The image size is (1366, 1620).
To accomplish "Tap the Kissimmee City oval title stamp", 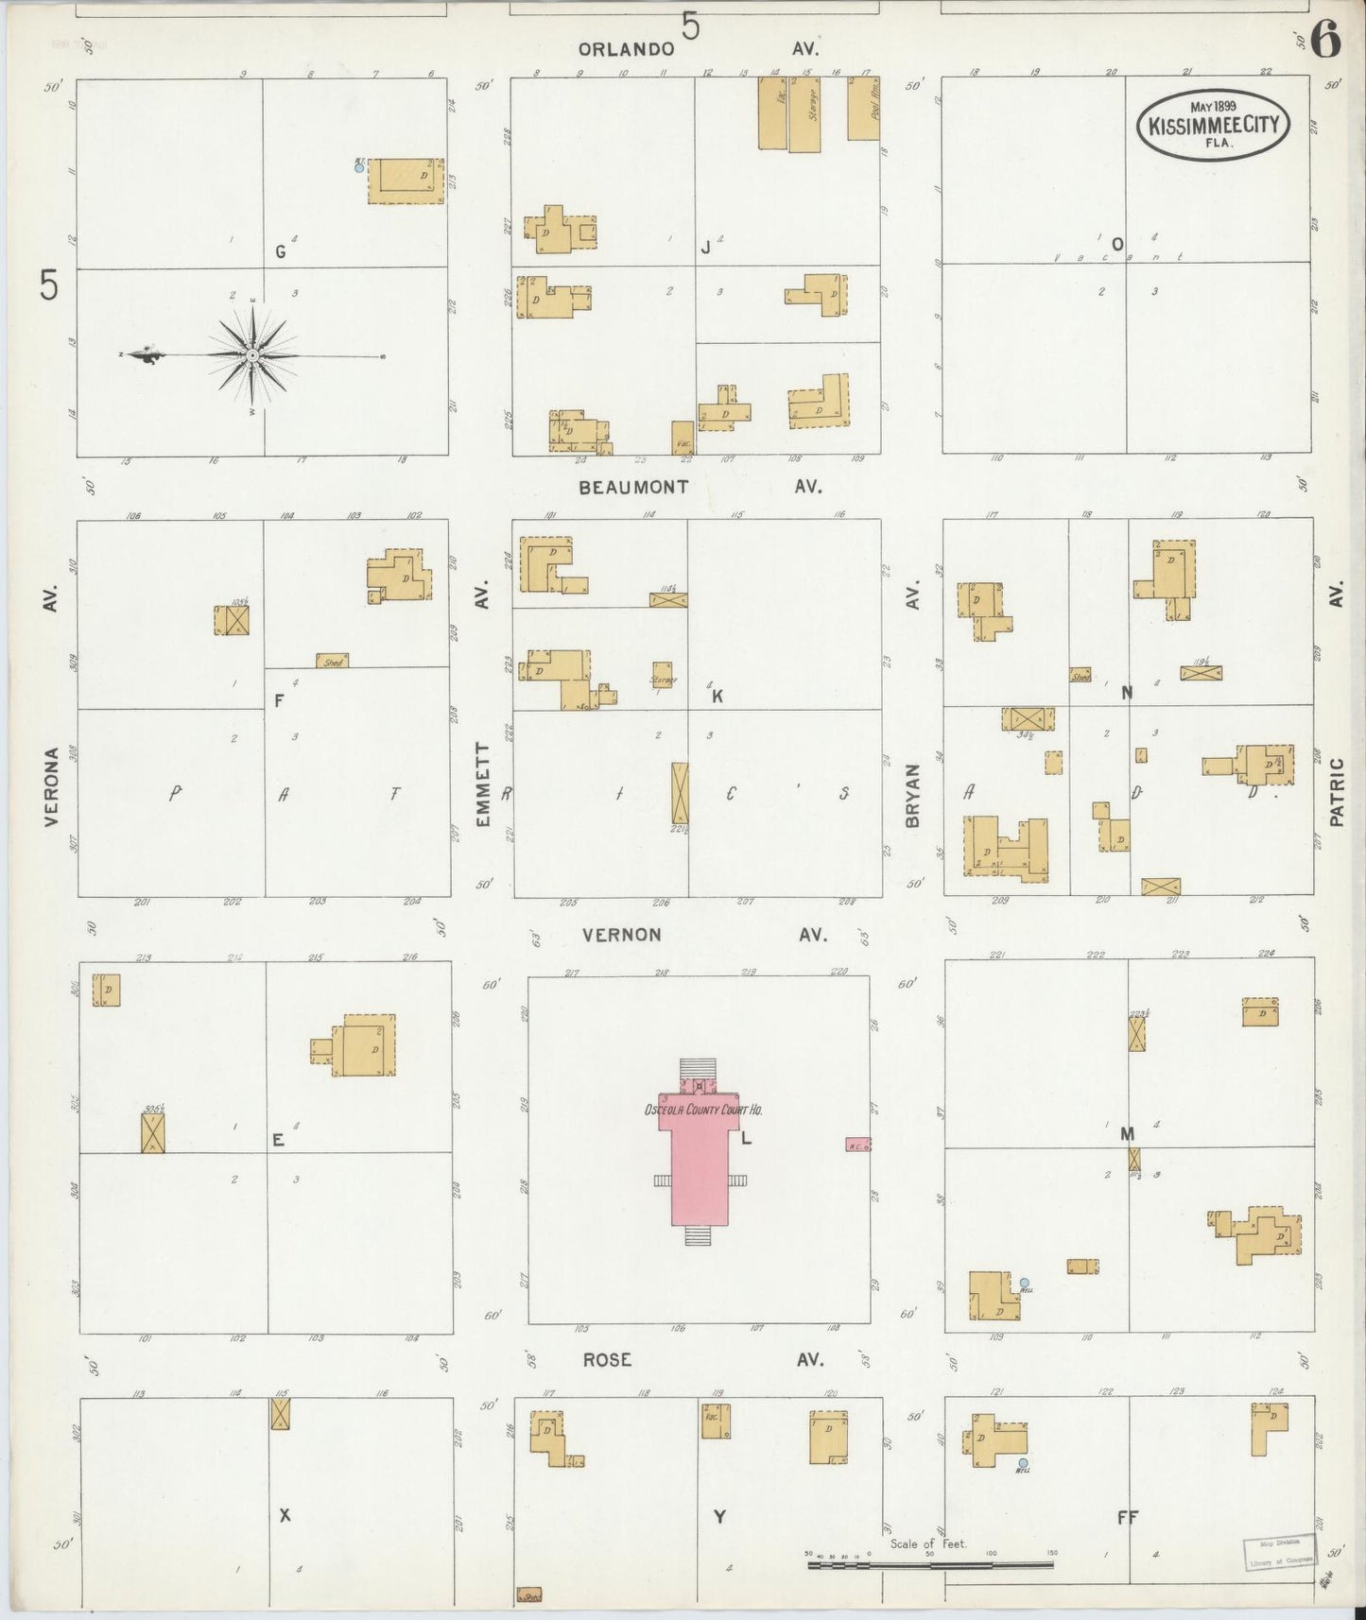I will tap(1213, 125).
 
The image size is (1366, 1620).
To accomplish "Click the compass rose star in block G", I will tap(252, 355).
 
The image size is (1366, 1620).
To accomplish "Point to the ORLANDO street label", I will tap(626, 49).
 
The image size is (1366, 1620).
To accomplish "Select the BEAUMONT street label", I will tap(634, 487).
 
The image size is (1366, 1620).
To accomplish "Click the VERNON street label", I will tap(621, 935).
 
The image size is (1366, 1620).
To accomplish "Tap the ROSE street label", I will tap(606, 1359).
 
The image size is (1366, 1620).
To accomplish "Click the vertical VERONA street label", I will tap(51, 786).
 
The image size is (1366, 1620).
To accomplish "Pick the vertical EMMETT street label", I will tap(483, 785).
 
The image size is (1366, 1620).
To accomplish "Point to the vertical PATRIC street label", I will tap(1336, 792).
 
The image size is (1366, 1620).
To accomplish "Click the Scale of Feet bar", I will tap(930, 1564).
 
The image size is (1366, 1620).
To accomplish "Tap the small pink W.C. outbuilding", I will tap(857, 1144).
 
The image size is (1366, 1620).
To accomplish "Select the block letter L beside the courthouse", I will tap(746, 1139).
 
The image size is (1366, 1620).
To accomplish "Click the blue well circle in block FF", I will tap(1023, 1463).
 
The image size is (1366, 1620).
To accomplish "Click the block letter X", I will tap(285, 1516).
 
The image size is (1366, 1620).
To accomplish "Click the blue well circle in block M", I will tap(1024, 1283).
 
